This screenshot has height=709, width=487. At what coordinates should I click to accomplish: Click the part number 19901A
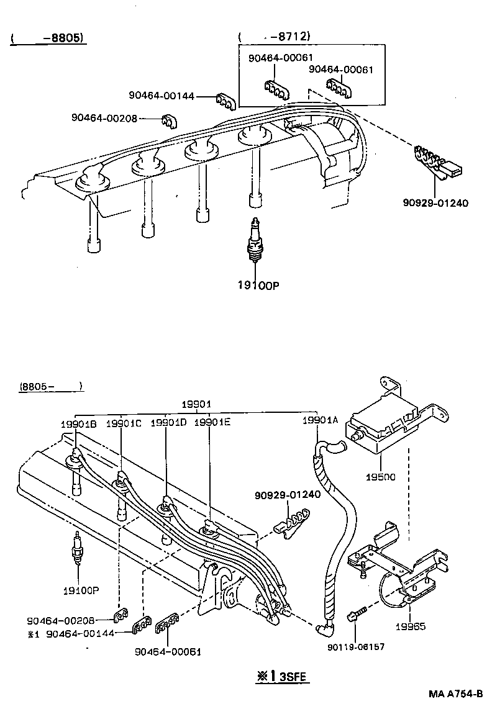(x=319, y=420)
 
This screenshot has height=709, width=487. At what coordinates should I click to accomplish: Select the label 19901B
(x=78, y=423)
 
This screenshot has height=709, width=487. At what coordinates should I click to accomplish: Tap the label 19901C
(x=124, y=423)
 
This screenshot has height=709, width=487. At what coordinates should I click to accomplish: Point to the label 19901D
(x=168, y=423)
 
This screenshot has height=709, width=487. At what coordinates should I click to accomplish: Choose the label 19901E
(x=212, y=423)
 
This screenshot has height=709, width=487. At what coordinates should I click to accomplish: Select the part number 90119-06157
(x=355, y=646)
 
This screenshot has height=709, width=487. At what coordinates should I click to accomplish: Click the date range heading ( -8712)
(x=275, y=37)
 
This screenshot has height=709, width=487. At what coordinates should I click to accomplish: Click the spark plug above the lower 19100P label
(x=77, y=549)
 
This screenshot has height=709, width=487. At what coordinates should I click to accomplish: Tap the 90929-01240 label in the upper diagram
(x=435, y=203)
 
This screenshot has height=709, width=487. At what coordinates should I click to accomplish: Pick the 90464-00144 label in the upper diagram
(x=162, y=96)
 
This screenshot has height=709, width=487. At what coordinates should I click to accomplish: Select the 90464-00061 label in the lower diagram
(x=168, y=651)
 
